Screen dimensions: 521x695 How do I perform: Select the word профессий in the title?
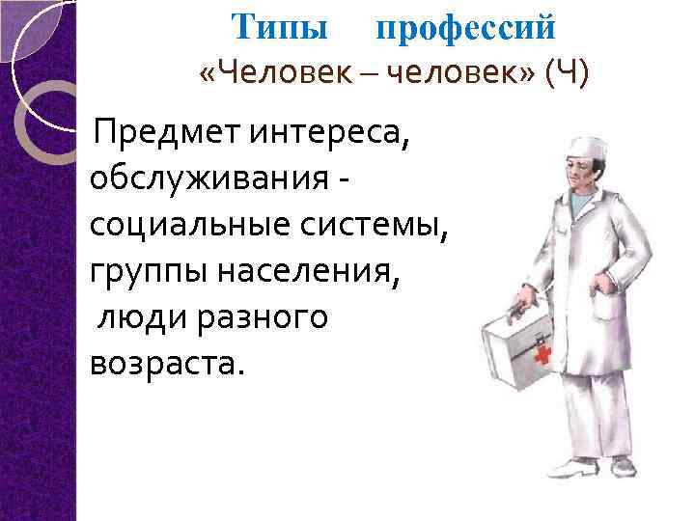pos(465,29)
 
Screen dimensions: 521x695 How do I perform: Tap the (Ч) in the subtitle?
pos(566,74)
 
